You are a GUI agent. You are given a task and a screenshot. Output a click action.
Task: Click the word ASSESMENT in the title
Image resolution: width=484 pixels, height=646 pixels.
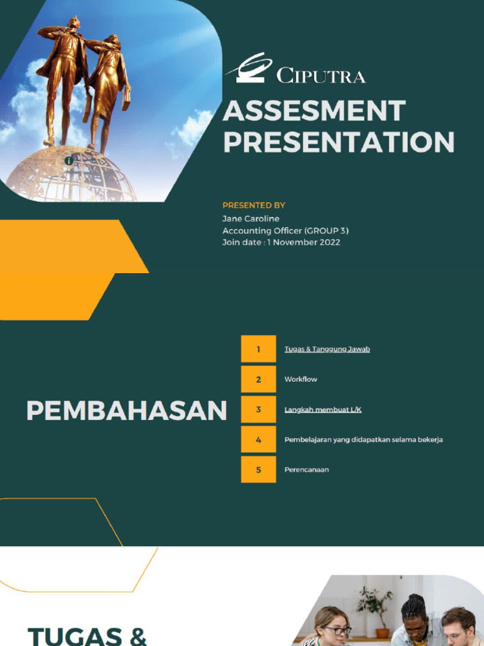pyautogui.click(x=313, y=112)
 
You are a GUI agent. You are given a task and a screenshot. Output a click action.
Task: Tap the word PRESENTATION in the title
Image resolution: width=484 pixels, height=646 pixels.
pyautogui.click(x=338, y=142)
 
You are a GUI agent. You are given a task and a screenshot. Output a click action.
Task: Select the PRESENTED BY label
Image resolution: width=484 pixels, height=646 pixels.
pyautogui.click(x=254, y=205)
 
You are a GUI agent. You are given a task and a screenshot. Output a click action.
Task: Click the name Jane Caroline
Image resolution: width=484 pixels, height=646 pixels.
pyautogui.click(x=251, y=218)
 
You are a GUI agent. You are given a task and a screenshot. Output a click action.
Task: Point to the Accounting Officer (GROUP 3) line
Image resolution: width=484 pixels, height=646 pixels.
pyautogui.click(x=285, y=230)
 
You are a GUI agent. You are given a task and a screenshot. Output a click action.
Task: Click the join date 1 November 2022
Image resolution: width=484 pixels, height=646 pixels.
pyautogui.click(x=281, y=242)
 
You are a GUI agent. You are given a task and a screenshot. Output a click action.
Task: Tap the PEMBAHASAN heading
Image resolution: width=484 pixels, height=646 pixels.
pyautogui.click(x=126, y=411)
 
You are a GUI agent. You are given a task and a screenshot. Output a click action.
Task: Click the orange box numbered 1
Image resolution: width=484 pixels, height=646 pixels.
pyautogui.click(x=258, y=349)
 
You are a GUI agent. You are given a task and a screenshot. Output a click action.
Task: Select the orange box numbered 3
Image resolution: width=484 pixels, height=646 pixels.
pyautogui.click(x=258, y=409)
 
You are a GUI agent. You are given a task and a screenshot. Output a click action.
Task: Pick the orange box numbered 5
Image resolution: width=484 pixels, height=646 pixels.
pyautogui.click(x=258, y=469)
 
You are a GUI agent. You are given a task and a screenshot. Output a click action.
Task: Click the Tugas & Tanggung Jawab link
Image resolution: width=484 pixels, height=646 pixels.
pyautogui.click(x=327, y=349)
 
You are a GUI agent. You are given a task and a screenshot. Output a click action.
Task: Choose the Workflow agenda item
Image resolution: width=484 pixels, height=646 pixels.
pyautogui.click(x=301, y=379)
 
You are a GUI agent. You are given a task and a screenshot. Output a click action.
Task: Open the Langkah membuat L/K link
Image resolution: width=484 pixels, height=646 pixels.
pyautogui.click(x=323, y=409)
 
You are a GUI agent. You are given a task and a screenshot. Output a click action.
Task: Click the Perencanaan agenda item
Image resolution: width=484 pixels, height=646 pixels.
pyautogui.click(x=306, y=469)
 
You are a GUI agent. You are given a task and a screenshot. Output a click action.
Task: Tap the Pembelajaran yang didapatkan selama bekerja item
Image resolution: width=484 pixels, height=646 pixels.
pyautogui.click(x=363, y=440)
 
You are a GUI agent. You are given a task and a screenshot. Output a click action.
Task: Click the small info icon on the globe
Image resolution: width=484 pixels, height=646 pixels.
pyautogui.click(x=69, y=161)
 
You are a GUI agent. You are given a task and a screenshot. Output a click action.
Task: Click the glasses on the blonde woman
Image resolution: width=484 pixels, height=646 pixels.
pyautogui.click(x=337, y=630)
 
